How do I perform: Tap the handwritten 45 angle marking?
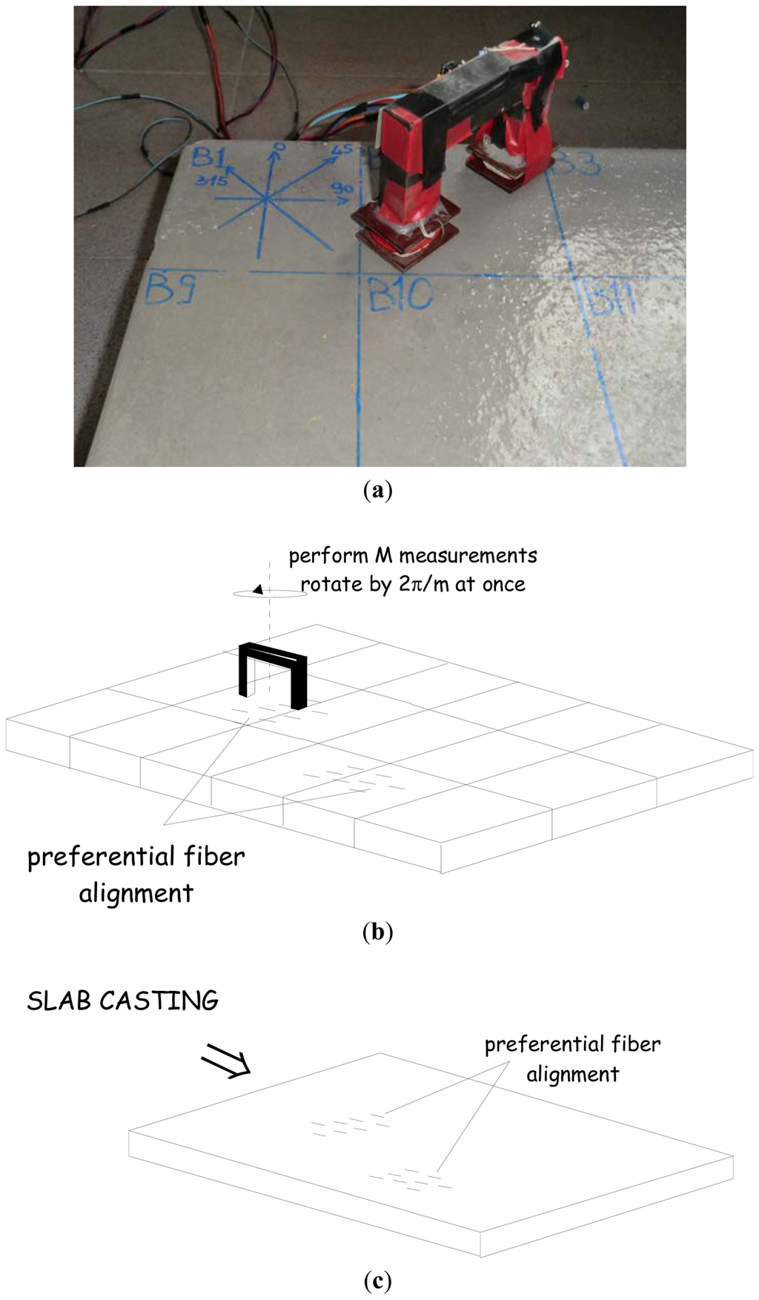(342, 150)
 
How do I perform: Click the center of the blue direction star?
(265, 198)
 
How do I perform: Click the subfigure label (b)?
(378, 931)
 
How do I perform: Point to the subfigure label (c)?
(378, 1280)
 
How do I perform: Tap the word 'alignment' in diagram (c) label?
(572, 1074)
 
